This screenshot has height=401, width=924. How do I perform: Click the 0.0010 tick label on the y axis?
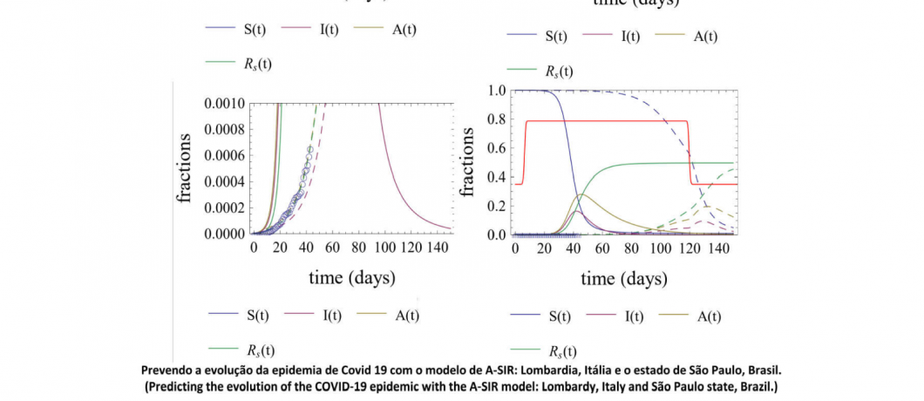click(223, 104)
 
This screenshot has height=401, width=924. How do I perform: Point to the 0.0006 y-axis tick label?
click(223, 156)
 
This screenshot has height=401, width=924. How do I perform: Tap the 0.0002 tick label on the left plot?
click(223, 208)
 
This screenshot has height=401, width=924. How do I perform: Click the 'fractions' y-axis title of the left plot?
click(186, 168)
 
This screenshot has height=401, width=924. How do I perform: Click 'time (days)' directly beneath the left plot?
click(353, 278)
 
